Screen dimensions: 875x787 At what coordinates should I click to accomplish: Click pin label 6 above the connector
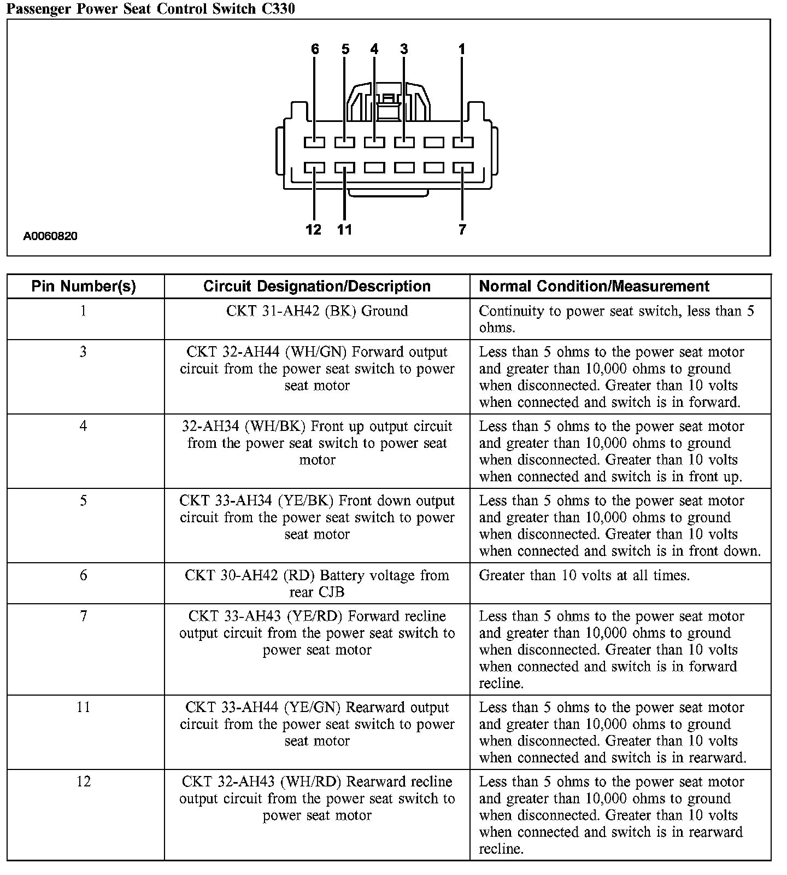point(315,49)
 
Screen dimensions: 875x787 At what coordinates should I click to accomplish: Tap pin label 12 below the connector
point(314,229)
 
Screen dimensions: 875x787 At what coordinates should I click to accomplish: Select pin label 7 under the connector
point(462,229)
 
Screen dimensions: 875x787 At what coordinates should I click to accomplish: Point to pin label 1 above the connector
point(462,49)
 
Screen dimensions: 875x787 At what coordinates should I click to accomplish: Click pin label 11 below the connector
point(344,229)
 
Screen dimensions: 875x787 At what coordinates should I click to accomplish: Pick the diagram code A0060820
point(50,236)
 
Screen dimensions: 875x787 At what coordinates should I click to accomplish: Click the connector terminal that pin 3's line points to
point(404,142)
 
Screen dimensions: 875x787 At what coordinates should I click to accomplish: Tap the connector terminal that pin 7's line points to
point(463,167)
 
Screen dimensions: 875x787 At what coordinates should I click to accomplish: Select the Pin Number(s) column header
point(84,286)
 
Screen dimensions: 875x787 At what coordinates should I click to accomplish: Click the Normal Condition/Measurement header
point(594,286)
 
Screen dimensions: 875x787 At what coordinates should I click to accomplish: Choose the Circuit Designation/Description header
point(317,286)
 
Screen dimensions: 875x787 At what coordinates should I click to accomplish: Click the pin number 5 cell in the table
point(83,501)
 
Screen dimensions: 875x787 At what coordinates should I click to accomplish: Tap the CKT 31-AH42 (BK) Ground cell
point(317,311)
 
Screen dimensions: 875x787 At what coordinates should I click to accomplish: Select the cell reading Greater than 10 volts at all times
point(584,575)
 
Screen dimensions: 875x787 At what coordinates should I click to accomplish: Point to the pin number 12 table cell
point(83,782)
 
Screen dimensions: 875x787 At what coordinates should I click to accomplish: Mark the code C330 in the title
point(278,9)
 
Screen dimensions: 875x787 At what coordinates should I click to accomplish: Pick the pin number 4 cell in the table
point(83,427)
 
